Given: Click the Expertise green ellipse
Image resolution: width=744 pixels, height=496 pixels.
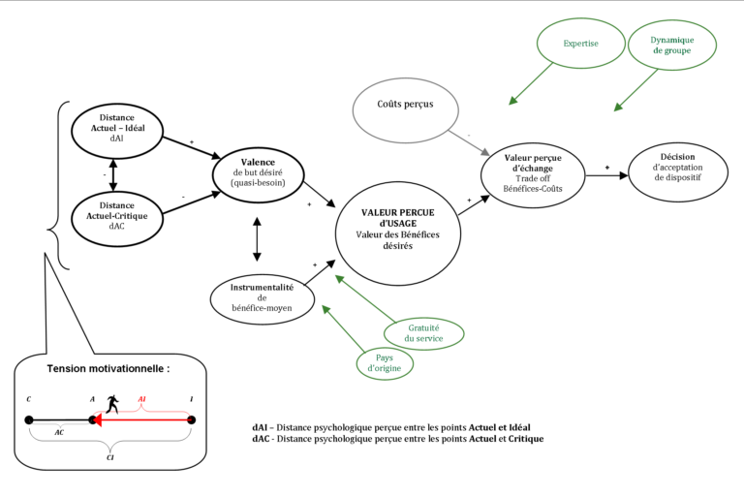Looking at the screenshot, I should (x=579, y=44).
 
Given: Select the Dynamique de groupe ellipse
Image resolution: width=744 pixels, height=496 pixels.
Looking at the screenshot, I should (x=671, y=45).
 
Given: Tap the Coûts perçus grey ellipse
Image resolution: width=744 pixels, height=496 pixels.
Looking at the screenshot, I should (x=405, y=103).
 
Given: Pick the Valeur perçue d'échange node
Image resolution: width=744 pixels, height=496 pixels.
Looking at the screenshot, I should (x=534, y=172).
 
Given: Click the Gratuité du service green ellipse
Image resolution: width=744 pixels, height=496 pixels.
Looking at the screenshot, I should (x=423, y=332).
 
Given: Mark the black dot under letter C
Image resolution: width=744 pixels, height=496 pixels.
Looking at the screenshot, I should (x=30, y=420).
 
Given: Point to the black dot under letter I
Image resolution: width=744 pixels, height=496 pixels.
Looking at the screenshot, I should (x=191, y=420).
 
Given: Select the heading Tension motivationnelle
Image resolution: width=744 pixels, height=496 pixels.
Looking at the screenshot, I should (x=108, y=369).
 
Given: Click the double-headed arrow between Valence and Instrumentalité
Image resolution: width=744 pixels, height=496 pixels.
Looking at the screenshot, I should (x=256, y=238).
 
